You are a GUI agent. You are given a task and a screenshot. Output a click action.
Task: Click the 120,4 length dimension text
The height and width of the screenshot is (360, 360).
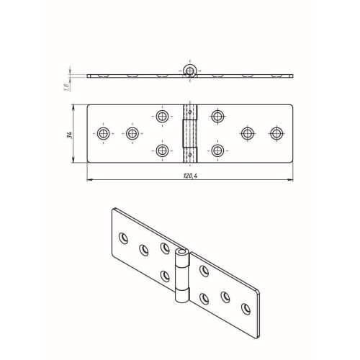[190, 176]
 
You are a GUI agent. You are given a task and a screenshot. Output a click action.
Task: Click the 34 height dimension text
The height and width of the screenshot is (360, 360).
[70, 135]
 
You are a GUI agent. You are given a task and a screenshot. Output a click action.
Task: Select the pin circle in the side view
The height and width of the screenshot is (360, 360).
[190, 71]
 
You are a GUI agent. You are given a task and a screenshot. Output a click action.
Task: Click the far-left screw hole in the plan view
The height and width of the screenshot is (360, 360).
[104, 133]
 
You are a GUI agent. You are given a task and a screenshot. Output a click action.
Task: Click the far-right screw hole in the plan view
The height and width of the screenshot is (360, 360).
[276, 133]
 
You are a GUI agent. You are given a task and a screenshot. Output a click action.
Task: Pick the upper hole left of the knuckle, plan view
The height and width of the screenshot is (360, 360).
[162, 117]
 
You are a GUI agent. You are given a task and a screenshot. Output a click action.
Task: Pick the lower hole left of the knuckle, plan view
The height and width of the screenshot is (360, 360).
[162, 150]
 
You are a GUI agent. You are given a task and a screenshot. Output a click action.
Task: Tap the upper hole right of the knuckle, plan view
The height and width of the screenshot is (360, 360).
[217, 117]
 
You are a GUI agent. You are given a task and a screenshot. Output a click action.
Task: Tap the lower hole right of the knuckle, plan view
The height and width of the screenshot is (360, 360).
[217, 150]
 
